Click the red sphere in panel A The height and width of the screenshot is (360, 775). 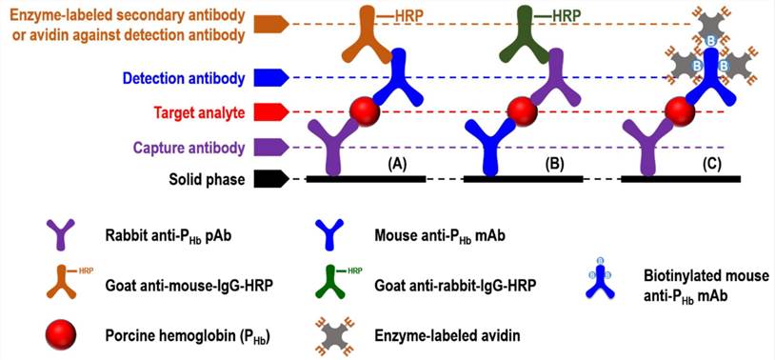click(363, 110)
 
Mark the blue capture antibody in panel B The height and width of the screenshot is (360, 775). click(492, 148)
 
